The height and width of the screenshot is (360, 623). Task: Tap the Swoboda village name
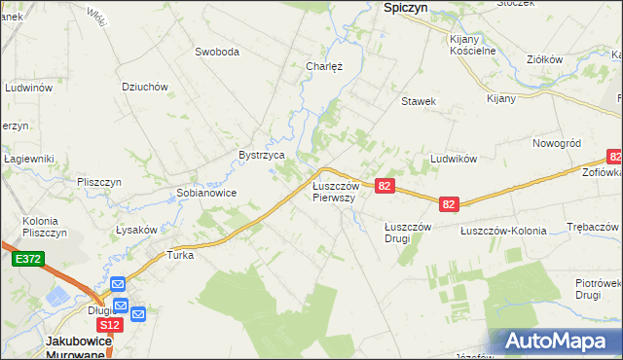point(216,52)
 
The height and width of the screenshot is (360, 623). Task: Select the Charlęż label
point(323,67)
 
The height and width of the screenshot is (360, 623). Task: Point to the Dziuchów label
point(145,86)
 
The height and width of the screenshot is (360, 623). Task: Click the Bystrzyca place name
point(262,155)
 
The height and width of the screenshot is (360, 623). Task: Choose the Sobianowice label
point(206,193)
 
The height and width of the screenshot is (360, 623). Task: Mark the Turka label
point(181,255)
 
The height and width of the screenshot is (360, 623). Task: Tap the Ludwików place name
point(452,158)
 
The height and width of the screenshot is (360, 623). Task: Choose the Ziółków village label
point(544,59)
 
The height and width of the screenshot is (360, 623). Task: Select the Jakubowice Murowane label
point(80,347)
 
